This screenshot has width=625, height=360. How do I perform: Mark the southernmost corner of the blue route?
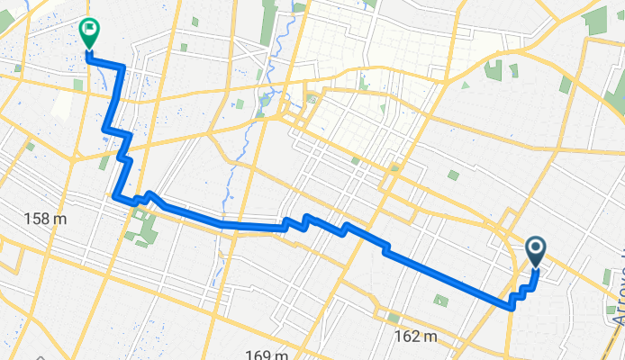click(512, 307)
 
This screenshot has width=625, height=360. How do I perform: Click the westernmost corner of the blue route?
click(113, 194)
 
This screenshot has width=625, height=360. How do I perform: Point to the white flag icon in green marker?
click(89, 30)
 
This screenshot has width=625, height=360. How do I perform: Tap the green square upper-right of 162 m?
click(440, 300)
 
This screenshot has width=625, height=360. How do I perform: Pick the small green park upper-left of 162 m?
click(393, 318)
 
